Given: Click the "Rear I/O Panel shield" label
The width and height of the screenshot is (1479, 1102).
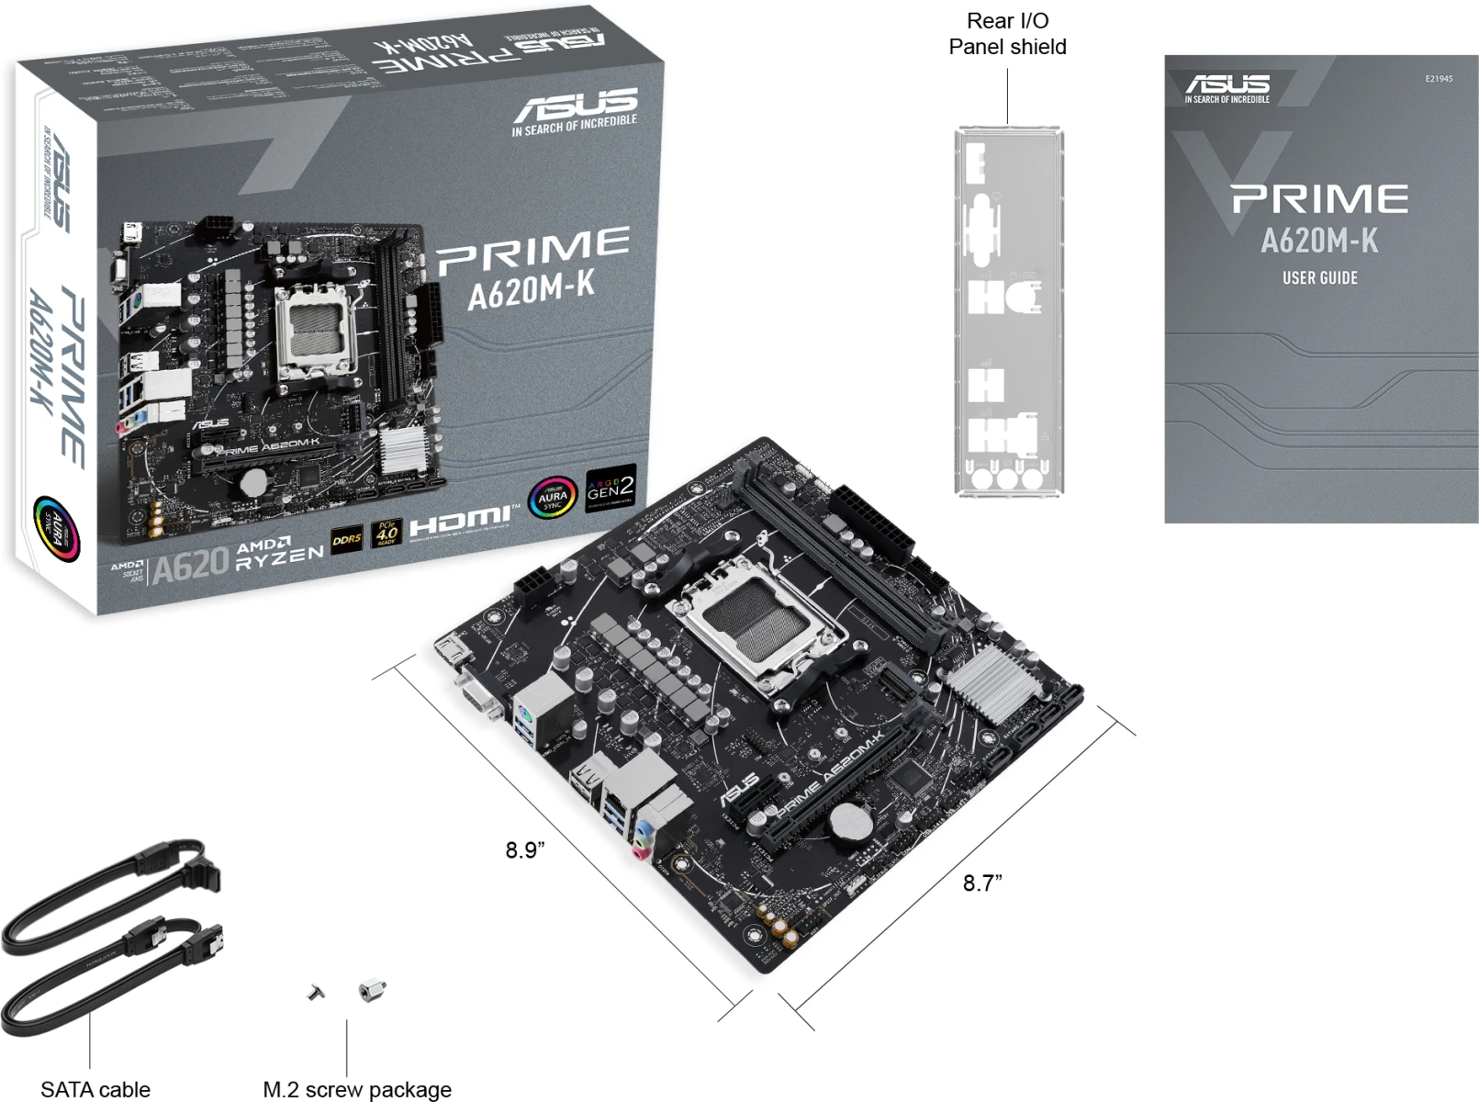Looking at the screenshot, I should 1007,34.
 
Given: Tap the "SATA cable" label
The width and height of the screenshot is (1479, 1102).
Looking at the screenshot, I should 95,1089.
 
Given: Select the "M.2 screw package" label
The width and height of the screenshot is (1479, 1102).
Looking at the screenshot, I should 357,1089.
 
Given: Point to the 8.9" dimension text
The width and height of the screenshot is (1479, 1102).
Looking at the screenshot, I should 525,850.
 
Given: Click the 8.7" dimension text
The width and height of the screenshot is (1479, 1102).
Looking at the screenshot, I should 982,883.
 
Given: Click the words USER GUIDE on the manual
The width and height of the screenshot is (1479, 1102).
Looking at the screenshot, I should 1319,278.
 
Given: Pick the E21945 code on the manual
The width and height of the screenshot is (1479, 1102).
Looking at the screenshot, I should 1439,79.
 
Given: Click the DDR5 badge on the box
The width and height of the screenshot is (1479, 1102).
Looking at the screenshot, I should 346,539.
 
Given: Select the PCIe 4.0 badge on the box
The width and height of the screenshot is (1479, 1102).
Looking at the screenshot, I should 387,534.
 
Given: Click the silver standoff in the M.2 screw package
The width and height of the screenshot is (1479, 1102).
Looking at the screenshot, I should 372,990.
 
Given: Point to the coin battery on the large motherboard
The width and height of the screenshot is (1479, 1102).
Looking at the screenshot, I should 850,822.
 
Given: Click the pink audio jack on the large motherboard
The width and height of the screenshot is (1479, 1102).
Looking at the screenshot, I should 641,853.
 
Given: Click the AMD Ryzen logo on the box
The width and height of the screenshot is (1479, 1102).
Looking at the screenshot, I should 279,554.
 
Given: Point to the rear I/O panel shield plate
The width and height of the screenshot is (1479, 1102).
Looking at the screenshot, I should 1008,312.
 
